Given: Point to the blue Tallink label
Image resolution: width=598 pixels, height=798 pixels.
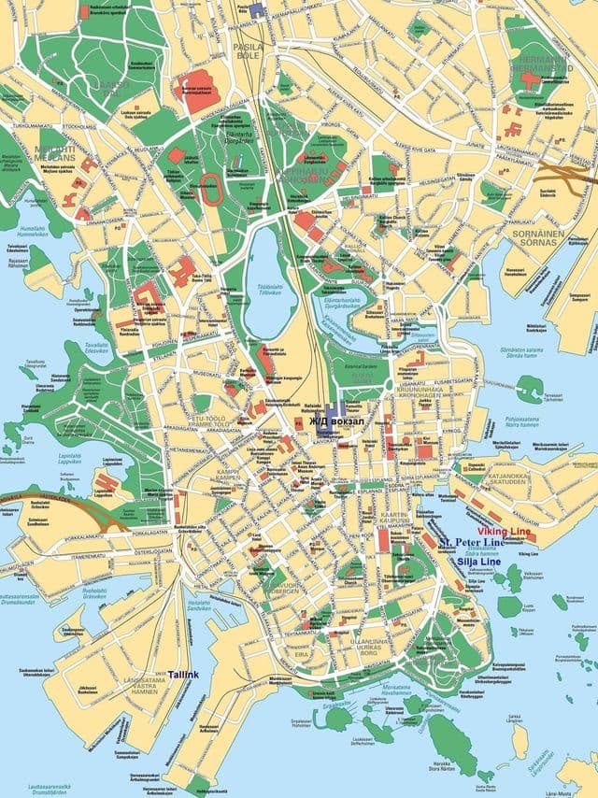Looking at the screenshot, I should pyautogui.click(x=183, y=674).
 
